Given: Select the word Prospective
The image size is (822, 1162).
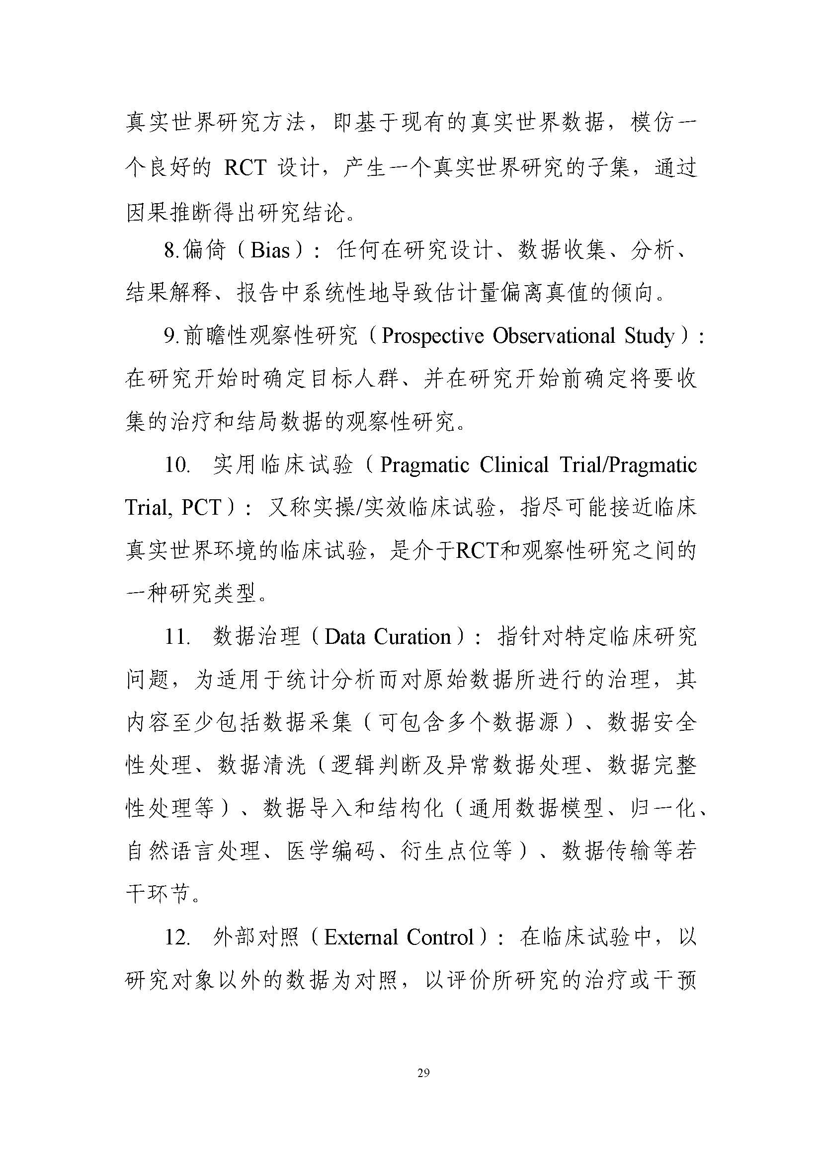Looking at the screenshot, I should (x=433, y=336).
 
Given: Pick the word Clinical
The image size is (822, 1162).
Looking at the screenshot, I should (x=514, y=465).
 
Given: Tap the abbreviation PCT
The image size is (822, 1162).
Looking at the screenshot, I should (x=201, y=508).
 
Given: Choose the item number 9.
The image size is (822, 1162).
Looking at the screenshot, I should (x=170, y=336).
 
